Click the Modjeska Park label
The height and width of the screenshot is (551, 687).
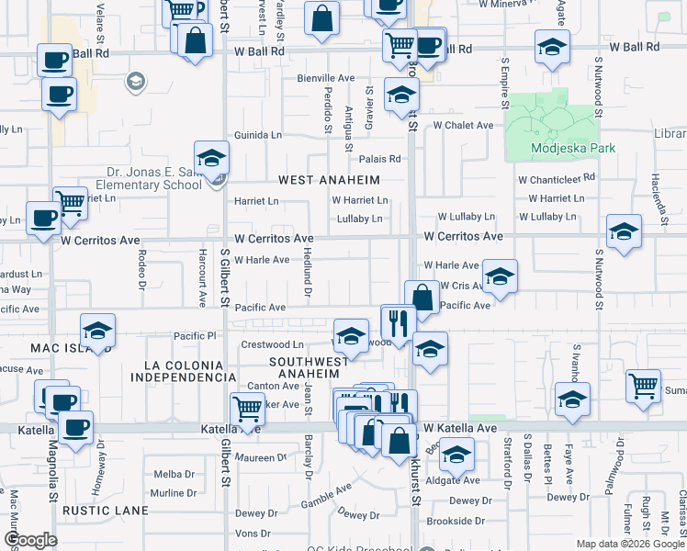click(559, 148)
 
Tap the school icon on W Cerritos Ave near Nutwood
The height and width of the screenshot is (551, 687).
click(624, 231)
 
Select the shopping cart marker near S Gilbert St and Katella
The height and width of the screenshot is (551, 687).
click(247, 410)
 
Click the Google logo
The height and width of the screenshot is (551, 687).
click(30, 540)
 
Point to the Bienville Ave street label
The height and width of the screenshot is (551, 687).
click(325, 79)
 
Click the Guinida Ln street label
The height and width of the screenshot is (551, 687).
click(258, 134)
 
